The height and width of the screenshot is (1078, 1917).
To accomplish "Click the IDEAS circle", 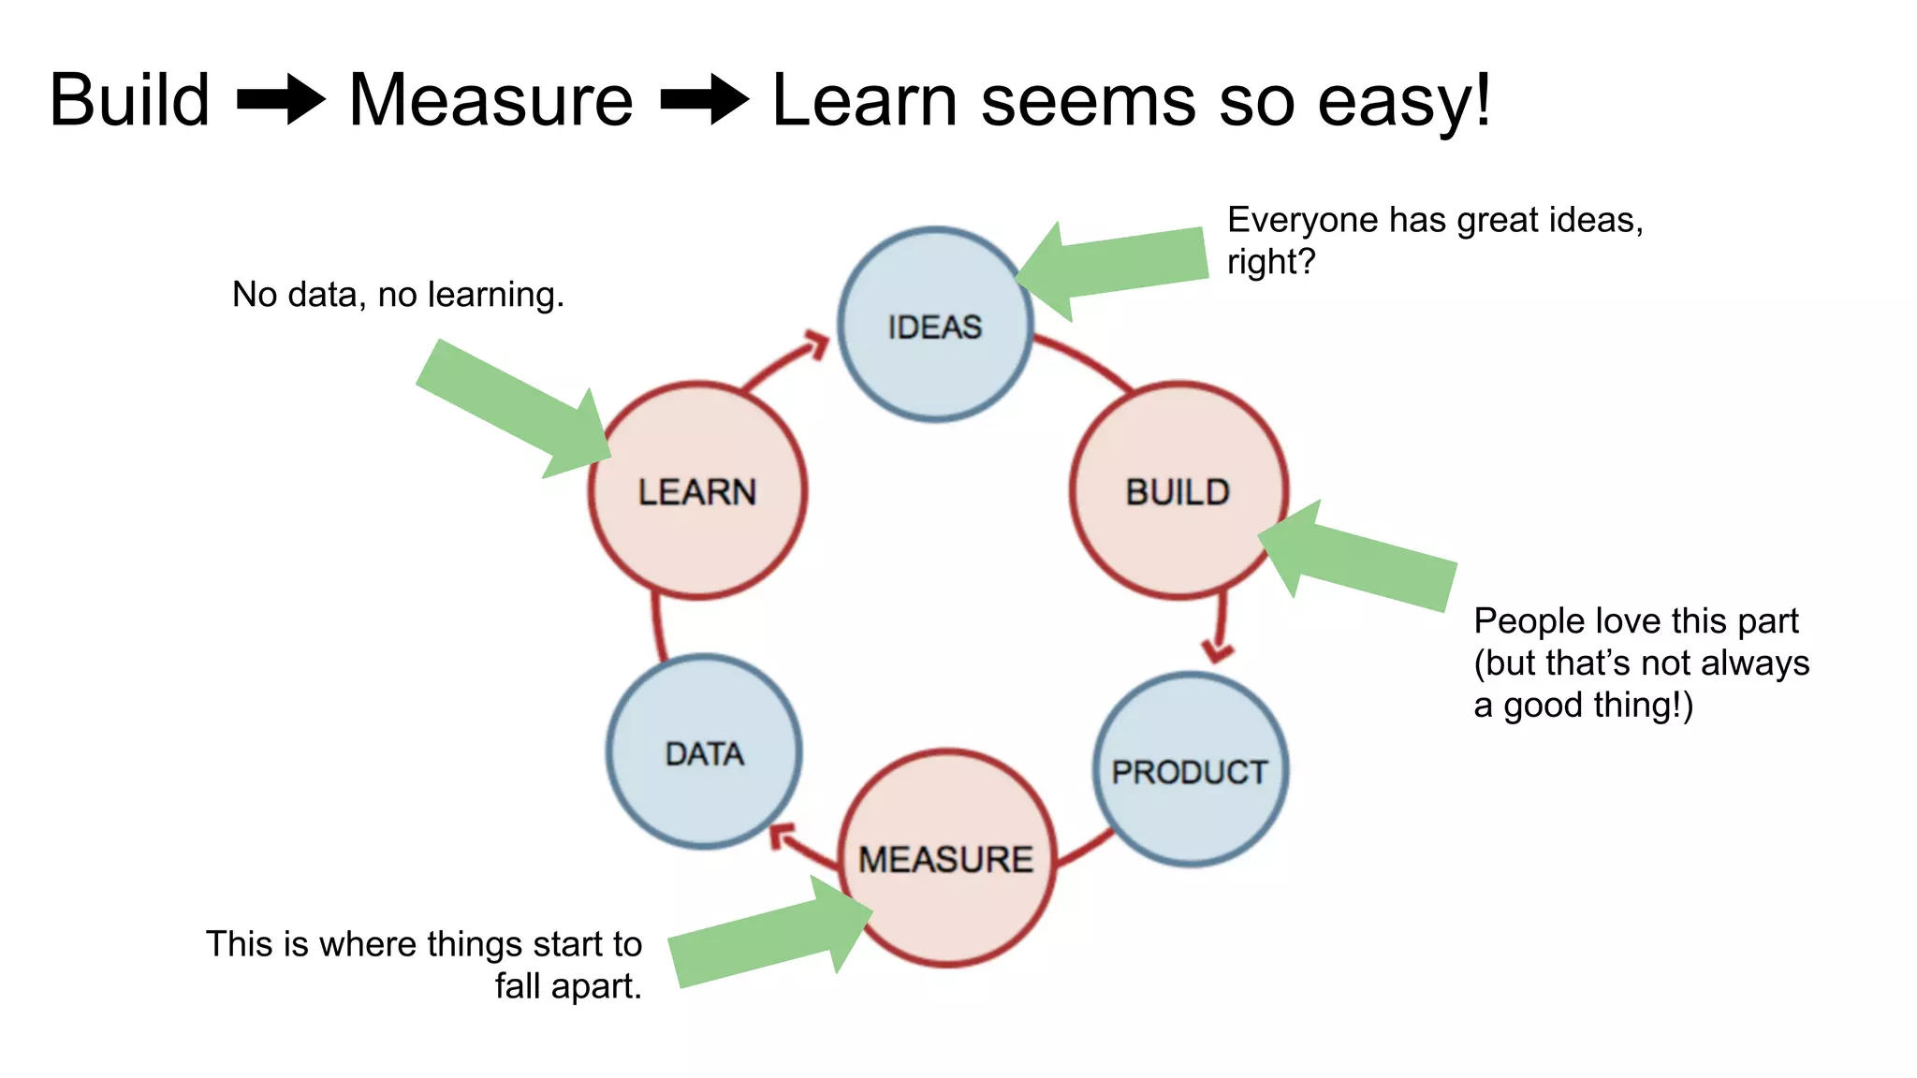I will coord(935,325).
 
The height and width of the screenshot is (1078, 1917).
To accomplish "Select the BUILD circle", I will coord(1178,491).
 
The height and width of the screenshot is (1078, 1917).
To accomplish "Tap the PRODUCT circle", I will coord(1190,769).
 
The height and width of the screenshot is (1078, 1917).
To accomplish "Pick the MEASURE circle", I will coord(946,858).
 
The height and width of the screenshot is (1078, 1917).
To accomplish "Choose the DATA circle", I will coord(704,752).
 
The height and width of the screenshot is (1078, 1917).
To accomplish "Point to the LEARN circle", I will coord(697,491).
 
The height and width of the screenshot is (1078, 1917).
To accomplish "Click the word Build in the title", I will coord(130,100).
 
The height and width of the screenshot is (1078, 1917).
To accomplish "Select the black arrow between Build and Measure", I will coord(281,99).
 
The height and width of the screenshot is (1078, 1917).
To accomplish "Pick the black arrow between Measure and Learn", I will coord(704,99).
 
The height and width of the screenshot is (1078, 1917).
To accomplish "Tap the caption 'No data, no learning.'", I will coord(398,295).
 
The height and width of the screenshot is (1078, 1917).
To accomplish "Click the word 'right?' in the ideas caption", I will coord(1271,262).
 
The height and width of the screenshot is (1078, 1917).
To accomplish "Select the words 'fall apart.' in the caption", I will coord(568,986).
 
